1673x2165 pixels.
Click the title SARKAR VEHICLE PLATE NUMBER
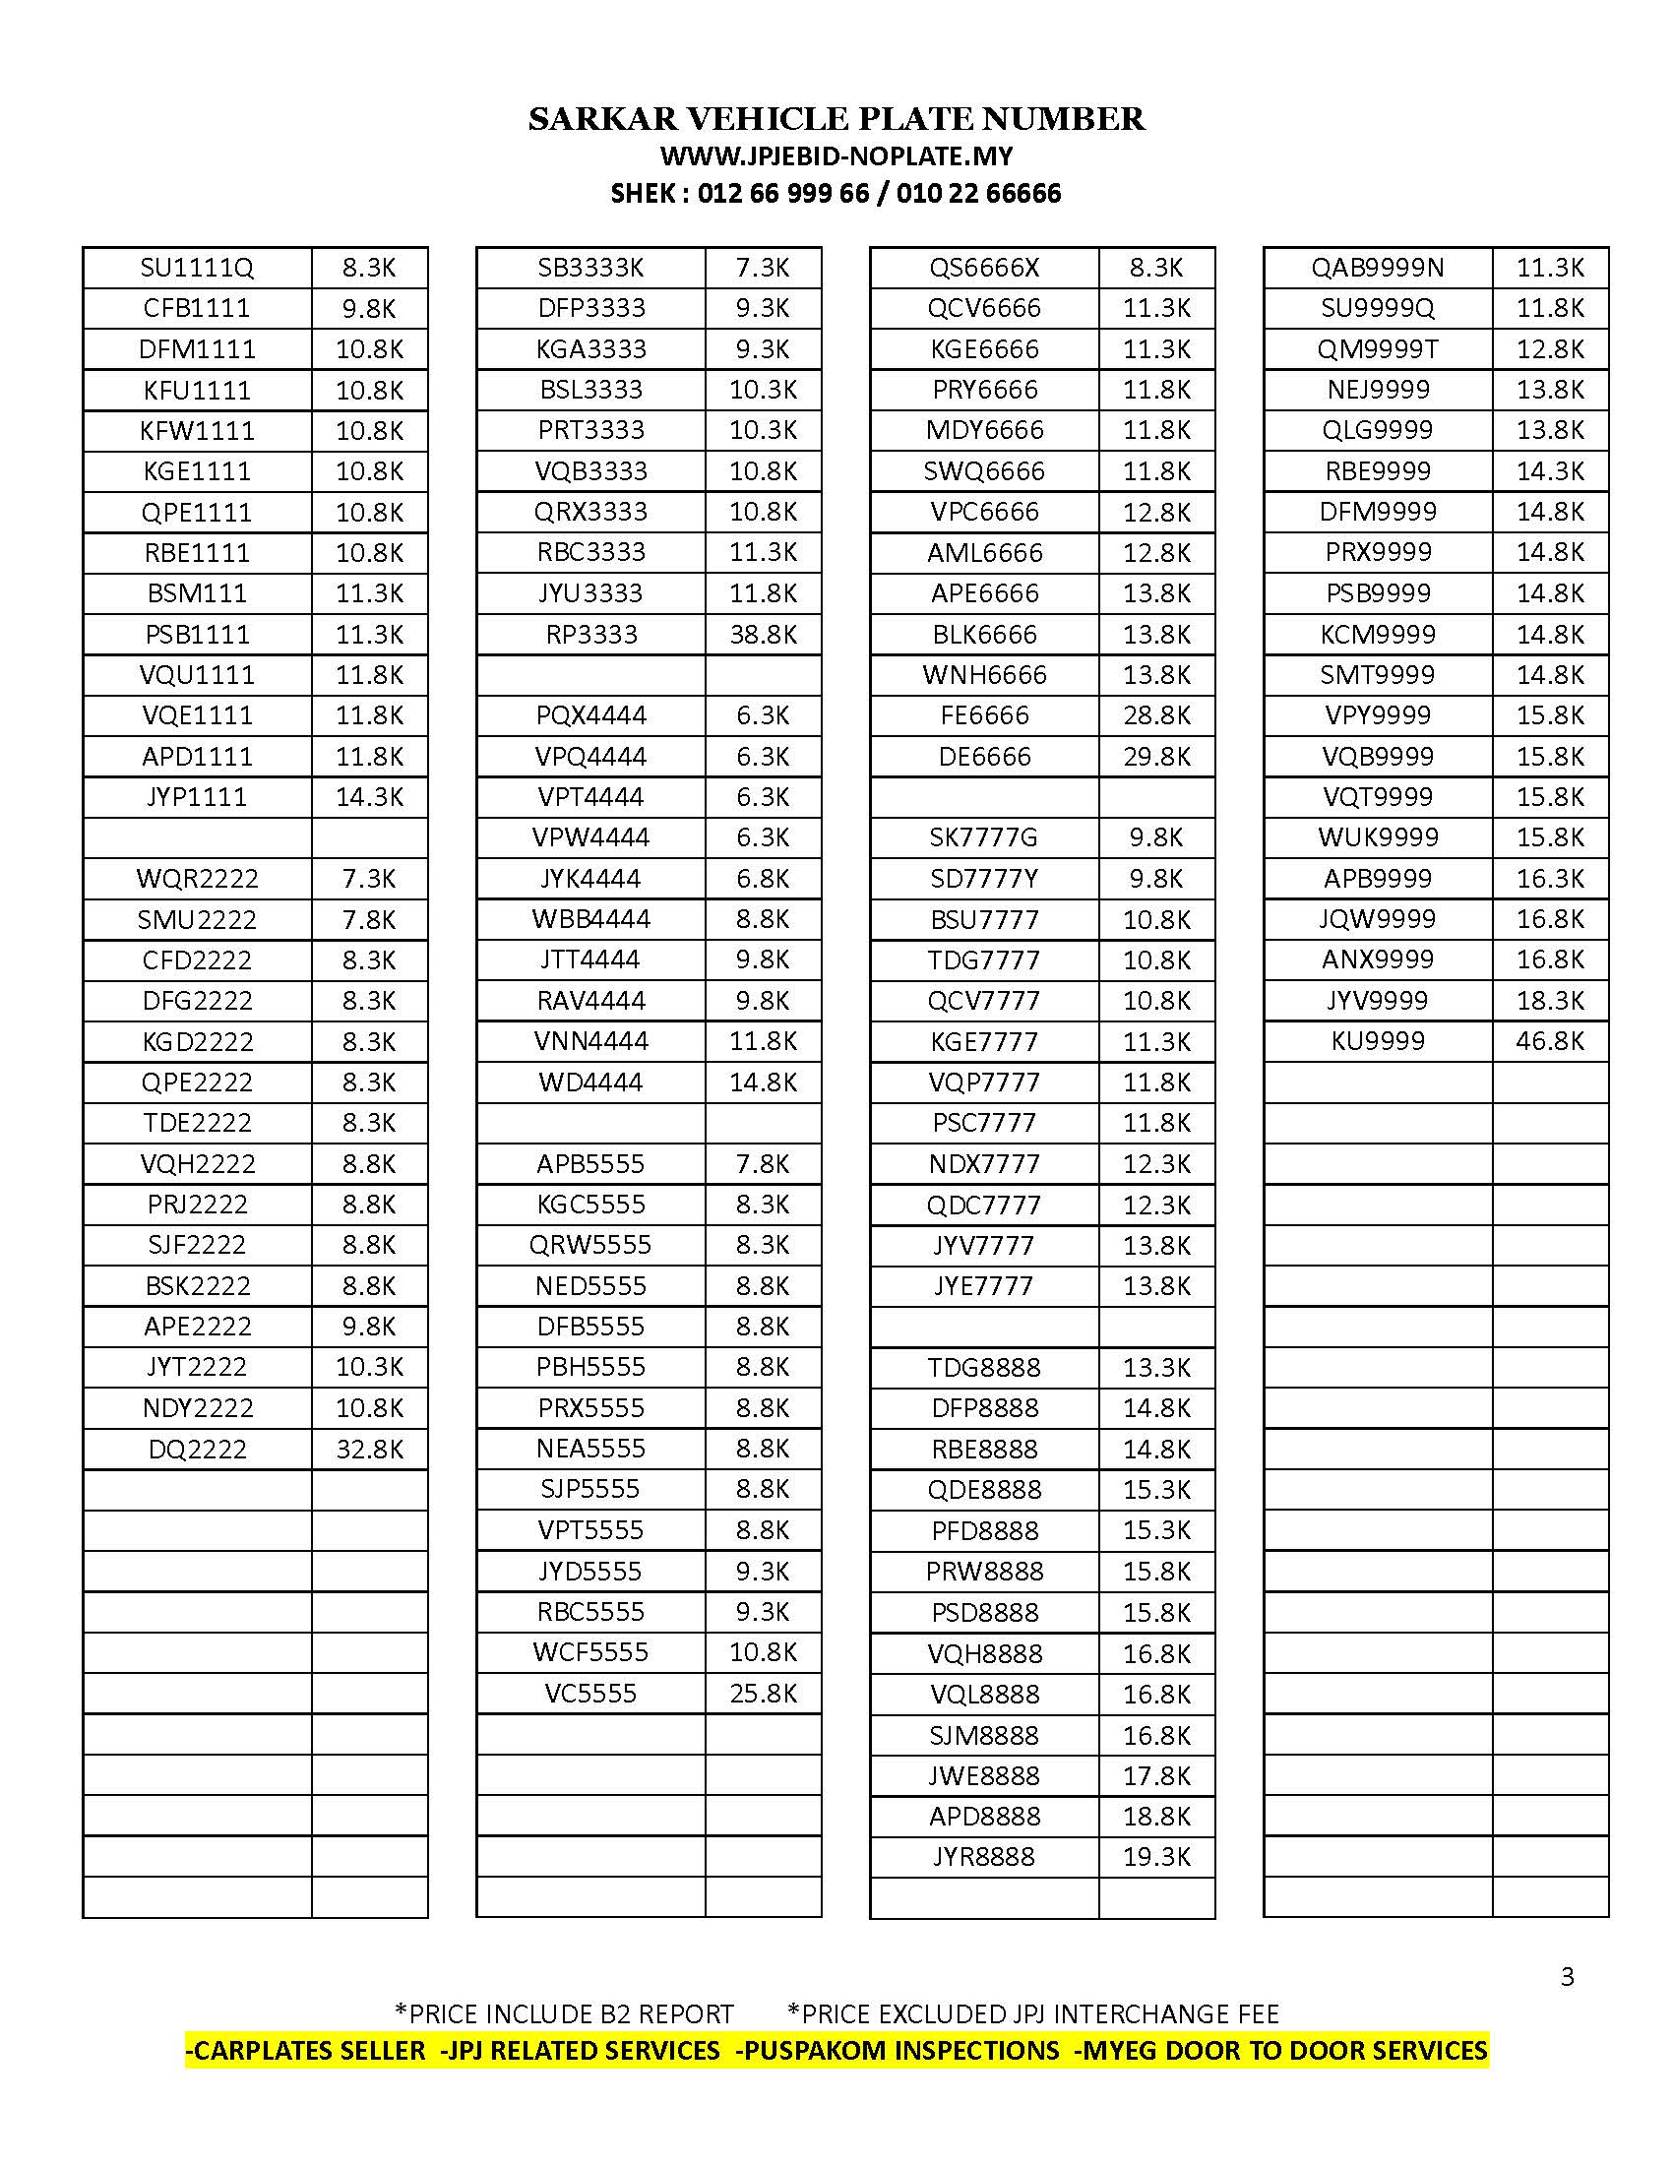coord(836,119)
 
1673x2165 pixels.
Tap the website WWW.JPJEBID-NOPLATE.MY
coord(836,156)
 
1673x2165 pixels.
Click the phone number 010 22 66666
coord(978,193)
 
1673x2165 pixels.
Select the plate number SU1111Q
coord(196,268)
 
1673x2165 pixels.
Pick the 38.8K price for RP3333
coord(763,635)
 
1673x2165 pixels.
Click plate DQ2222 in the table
coord(196,1450)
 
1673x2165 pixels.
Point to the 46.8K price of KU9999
coord(1549,1041)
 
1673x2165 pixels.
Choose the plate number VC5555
coord(589,1694)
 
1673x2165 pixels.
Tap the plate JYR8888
coord(983,1857)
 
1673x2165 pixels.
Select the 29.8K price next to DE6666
coord(1155,757)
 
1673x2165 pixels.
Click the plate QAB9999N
coord(1377,268)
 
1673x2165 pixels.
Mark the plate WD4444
coord(589,1082)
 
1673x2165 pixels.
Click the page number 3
coord(1567,1977)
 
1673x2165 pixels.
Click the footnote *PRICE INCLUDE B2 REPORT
coord(564,2013)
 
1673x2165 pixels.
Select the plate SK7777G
coord(983,837)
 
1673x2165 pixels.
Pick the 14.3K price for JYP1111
coord(369,797)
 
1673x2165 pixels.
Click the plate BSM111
coord(196,593)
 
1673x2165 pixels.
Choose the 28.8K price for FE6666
coord(1155,715)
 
